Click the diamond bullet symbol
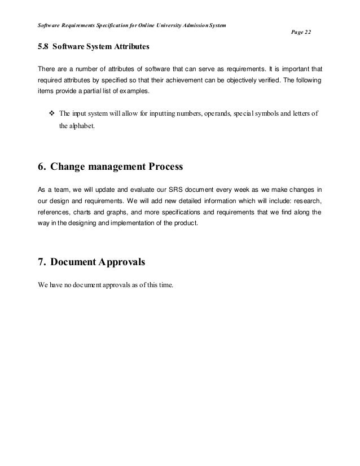52,113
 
